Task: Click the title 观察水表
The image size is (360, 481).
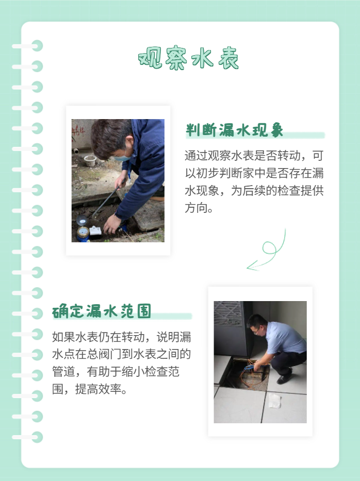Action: (x=188, y=59)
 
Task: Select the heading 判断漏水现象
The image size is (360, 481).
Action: (x=234, y=130)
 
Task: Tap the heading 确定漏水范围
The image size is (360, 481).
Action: (x=102, y=311)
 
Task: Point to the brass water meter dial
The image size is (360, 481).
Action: (x=83, y=234)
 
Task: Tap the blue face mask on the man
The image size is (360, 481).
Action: (x=122, y=157)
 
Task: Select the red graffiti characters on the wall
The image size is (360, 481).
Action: (x=78, y=130)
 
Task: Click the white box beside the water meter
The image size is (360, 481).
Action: (x=95, y=231)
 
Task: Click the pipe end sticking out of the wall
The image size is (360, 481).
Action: (x=76, y=151)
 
